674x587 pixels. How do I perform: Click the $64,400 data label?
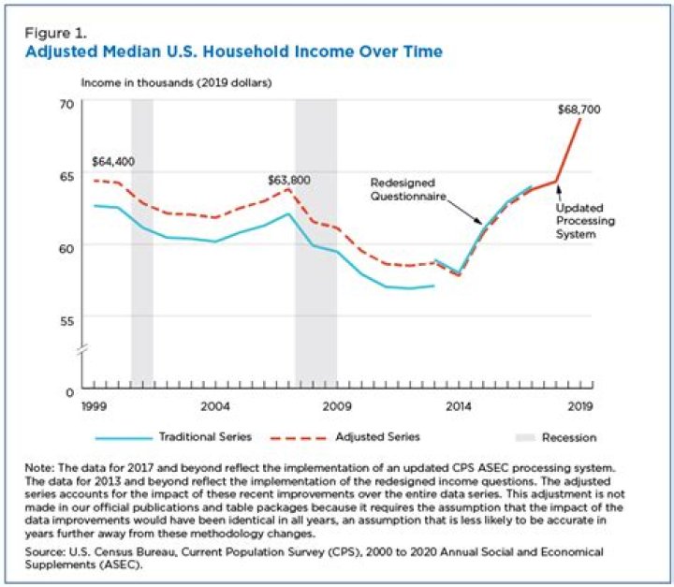click(x=113, y=161)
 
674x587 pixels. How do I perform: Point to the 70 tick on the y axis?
click(x=66, y=103)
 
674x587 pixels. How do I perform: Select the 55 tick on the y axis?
click(x=66, y=319)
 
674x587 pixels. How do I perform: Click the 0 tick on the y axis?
click(x=69, y=389)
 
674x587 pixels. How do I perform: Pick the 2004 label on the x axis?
click(x=215, y=406)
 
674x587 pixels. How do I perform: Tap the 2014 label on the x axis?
click(x=458, y=406)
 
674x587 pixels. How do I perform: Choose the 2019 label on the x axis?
click(x=579, y=406)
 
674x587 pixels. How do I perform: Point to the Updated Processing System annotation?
click(x=582, y=221)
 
